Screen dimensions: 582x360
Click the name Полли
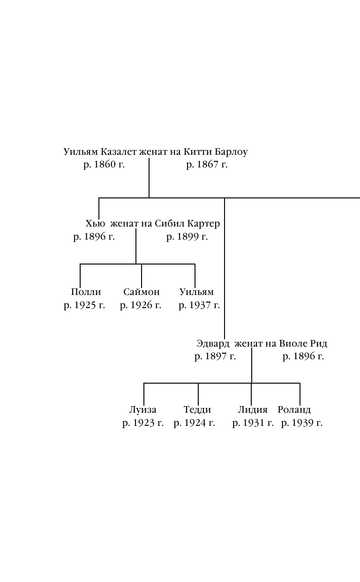click(86, 292)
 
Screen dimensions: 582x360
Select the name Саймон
click(142, 292)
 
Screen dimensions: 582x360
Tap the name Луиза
click(143, 410)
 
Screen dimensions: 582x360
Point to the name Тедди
click(197, 410)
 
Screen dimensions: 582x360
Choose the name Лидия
click(253, 410)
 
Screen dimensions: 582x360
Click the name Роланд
click(294, 410)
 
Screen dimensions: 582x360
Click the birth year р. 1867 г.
click(207, 165)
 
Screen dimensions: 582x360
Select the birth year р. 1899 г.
click(187, 237)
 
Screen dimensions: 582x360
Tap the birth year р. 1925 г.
click(84, 306)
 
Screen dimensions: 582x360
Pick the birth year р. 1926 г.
click(141, 306)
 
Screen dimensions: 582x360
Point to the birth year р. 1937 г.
click(199, 306)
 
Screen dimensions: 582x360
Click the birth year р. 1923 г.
click(143, 423)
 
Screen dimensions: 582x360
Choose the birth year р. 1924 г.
click(194, 423)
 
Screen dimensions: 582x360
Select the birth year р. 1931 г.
click(253, 423)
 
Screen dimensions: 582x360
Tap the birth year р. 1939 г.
click(302, 423)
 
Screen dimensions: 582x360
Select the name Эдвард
click(213, 344)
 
